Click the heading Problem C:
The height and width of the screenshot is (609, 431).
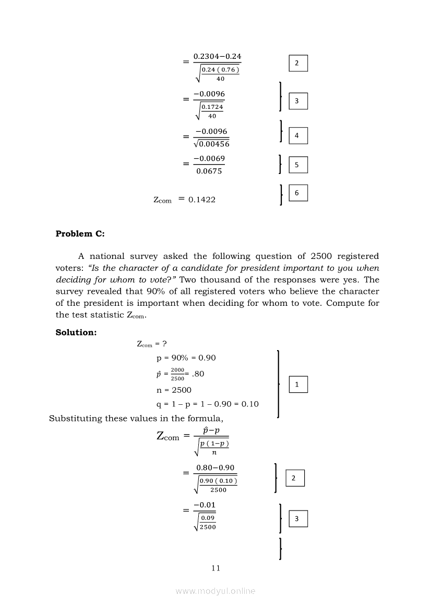click(x=80, y=234)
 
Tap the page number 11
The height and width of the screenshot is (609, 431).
click(x=216, y=568)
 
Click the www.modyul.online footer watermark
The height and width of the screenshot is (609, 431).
click(x=215, y=591)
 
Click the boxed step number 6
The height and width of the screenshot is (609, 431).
click(x=297, y=193)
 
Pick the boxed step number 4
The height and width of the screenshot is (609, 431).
click(x=297, y=135)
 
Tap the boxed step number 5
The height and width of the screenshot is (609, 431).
click(x=297, y=165)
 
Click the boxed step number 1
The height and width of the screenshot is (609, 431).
click(x=297, y=384)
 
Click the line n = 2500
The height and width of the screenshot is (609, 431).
click(x=174, y=390)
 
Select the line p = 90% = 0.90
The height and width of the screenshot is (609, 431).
click(x=186, y=358)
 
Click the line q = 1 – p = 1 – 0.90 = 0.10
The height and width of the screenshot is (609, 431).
click(x=207, y=404)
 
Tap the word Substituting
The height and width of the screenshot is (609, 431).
click(x=76, y=418)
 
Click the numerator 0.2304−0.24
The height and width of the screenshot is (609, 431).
click(x=217, y=56)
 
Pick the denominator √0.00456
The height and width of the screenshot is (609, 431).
click(x=211, y=144)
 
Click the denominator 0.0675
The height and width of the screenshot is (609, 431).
click(x=209, y=171)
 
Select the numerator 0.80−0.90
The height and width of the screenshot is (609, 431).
click(x=215, y=468)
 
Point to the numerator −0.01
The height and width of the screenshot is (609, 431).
click(x=204, y=505)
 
